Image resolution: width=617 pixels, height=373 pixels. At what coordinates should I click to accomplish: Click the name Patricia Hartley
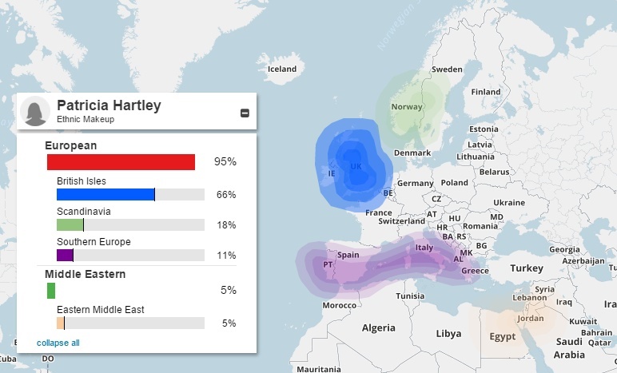(x=109, y=105)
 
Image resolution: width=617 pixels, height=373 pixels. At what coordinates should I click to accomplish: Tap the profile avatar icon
(x=34, y=112)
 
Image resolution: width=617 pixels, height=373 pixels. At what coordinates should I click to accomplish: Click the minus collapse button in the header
(x=245, y=113)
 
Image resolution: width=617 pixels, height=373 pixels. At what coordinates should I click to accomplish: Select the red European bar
(x=121, y=162)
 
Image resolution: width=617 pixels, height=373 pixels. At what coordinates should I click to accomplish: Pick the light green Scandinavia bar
(x=70, y=225)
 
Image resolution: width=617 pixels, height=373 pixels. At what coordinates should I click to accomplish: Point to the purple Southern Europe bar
(x=65, y=256)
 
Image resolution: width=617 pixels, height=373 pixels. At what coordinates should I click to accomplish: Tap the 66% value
(x=226, y=195)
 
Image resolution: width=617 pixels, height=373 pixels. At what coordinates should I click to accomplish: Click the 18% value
(x=226, y=225)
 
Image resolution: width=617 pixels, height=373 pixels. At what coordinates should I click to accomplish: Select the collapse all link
(x=58, y=343)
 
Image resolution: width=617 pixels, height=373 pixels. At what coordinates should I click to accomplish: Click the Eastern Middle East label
(x=100, y=309)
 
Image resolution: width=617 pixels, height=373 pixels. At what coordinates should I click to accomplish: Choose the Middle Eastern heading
(x=85, y=275)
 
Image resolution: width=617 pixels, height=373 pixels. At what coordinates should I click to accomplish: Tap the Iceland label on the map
(x=282, y=69)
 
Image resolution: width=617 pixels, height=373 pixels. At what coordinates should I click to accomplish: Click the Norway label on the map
(x=407, y=107)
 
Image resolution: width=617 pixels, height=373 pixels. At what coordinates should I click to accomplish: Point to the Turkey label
(x=527, y=268)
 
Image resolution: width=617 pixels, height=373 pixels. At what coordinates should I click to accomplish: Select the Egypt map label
(x=503, y=336)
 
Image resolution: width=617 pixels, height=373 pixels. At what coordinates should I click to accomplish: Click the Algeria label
(x=379, y=328)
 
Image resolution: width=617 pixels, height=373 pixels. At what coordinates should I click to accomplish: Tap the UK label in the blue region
(x=356, y=166)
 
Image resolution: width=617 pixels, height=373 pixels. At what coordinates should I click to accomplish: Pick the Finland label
(x=485, y=92)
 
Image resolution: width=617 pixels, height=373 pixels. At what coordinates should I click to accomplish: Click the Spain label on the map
(x=348, y=255)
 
